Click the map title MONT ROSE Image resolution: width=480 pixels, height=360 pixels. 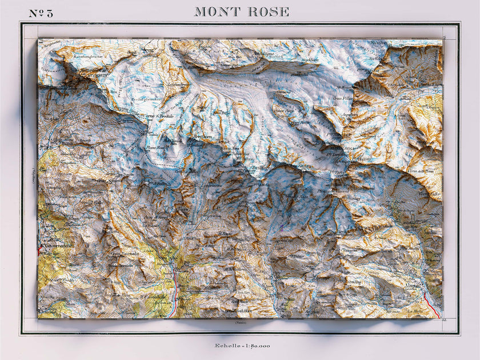(x=241, y=12)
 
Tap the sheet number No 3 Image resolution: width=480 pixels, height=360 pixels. (x=41, y=13)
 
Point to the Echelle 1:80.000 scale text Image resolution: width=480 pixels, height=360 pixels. (x=242, y=346)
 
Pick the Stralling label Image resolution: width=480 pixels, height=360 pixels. (x=354, y=282)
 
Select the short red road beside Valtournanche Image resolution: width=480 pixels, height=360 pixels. (x=41, y=249)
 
